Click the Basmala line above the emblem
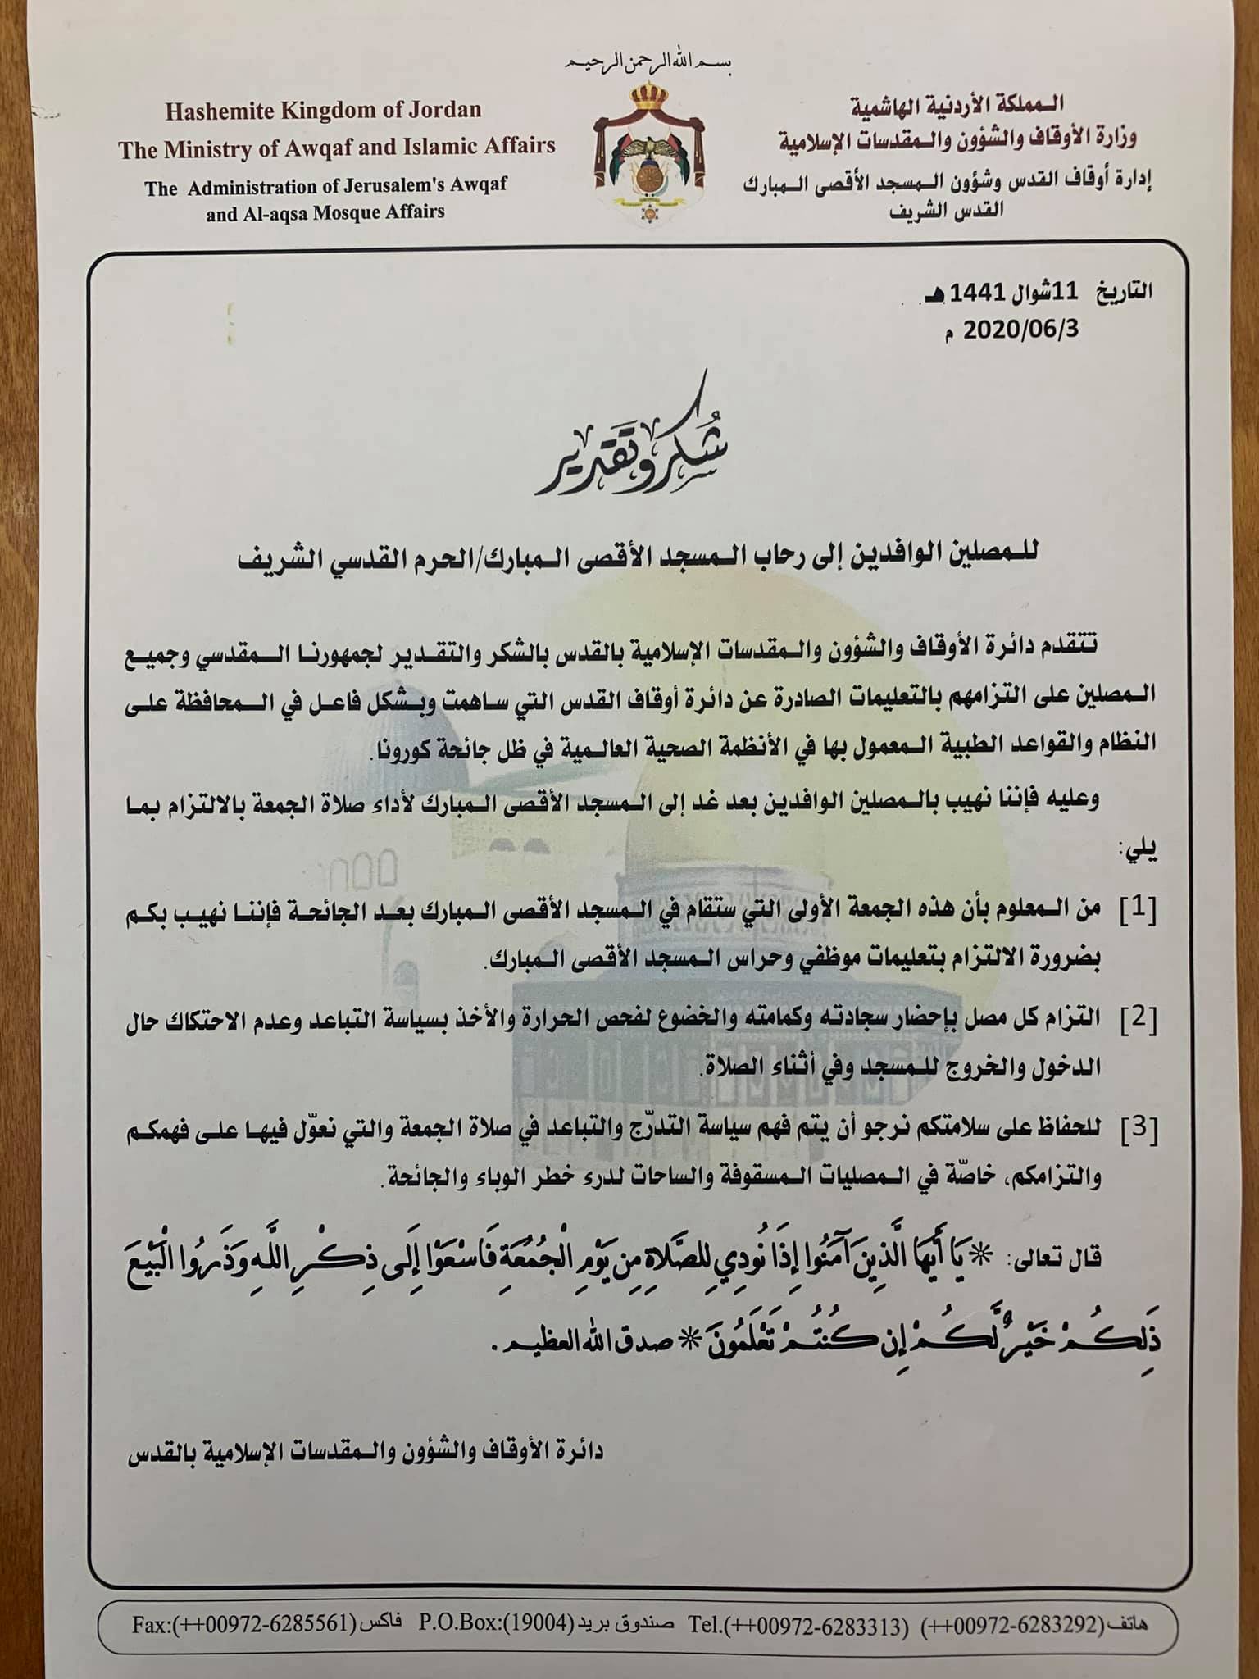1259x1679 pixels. point(648,66)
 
